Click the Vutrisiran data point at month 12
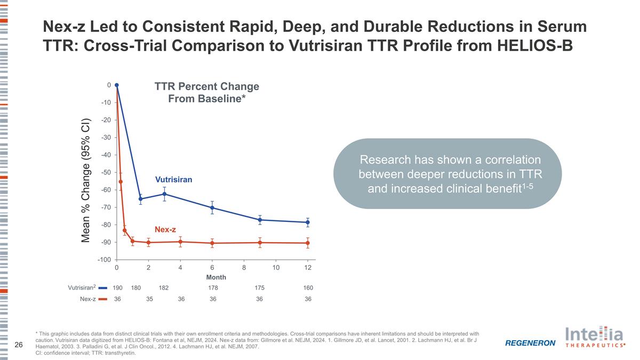click(x=308, y=222)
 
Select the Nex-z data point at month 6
click(x=212, y=243)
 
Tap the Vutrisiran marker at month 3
click(x=164, y=194)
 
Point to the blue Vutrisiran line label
click(x=173, y=180)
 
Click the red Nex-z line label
click(x=165, y=229)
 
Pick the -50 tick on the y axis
click(x=106, y=172)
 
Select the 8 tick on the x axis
click(x=244, y=267)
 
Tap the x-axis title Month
click(x=216, y=277)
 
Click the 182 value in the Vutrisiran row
click(x=164, y=288)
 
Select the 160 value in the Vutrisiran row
click(x=308, y=288)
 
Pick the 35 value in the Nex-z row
click(x=149, y=299)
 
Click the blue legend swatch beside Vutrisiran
click(x=103, y=288)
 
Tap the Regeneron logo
click(x=530, y=343)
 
